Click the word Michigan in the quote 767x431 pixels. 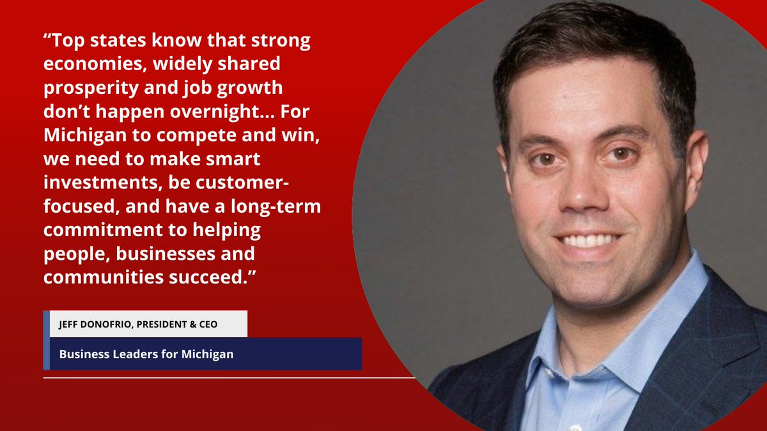click(x=82, y=135)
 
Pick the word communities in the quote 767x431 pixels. click(x=99, y=277)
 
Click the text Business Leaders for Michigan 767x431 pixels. click(x=146, y=354)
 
